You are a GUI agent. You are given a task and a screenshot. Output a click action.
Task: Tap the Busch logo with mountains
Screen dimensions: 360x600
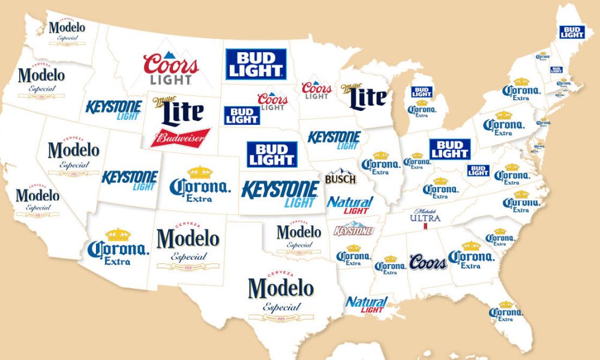(x=340, y=177)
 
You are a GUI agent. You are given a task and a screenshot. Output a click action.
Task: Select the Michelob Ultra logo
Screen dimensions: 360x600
(x=425, y=218)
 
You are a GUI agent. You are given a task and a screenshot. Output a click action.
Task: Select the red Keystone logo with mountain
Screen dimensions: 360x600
(x=353, y=229)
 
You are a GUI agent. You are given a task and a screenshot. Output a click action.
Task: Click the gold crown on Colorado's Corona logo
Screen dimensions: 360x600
(x=200, y=173)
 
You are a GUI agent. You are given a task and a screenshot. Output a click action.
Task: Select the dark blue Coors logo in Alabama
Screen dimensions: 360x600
(x=428, y=262)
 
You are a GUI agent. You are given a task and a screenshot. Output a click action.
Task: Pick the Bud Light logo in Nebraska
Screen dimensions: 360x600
(x=272, y=154)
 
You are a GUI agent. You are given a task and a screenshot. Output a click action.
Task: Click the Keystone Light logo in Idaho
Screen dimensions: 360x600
(x=113, y=109)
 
